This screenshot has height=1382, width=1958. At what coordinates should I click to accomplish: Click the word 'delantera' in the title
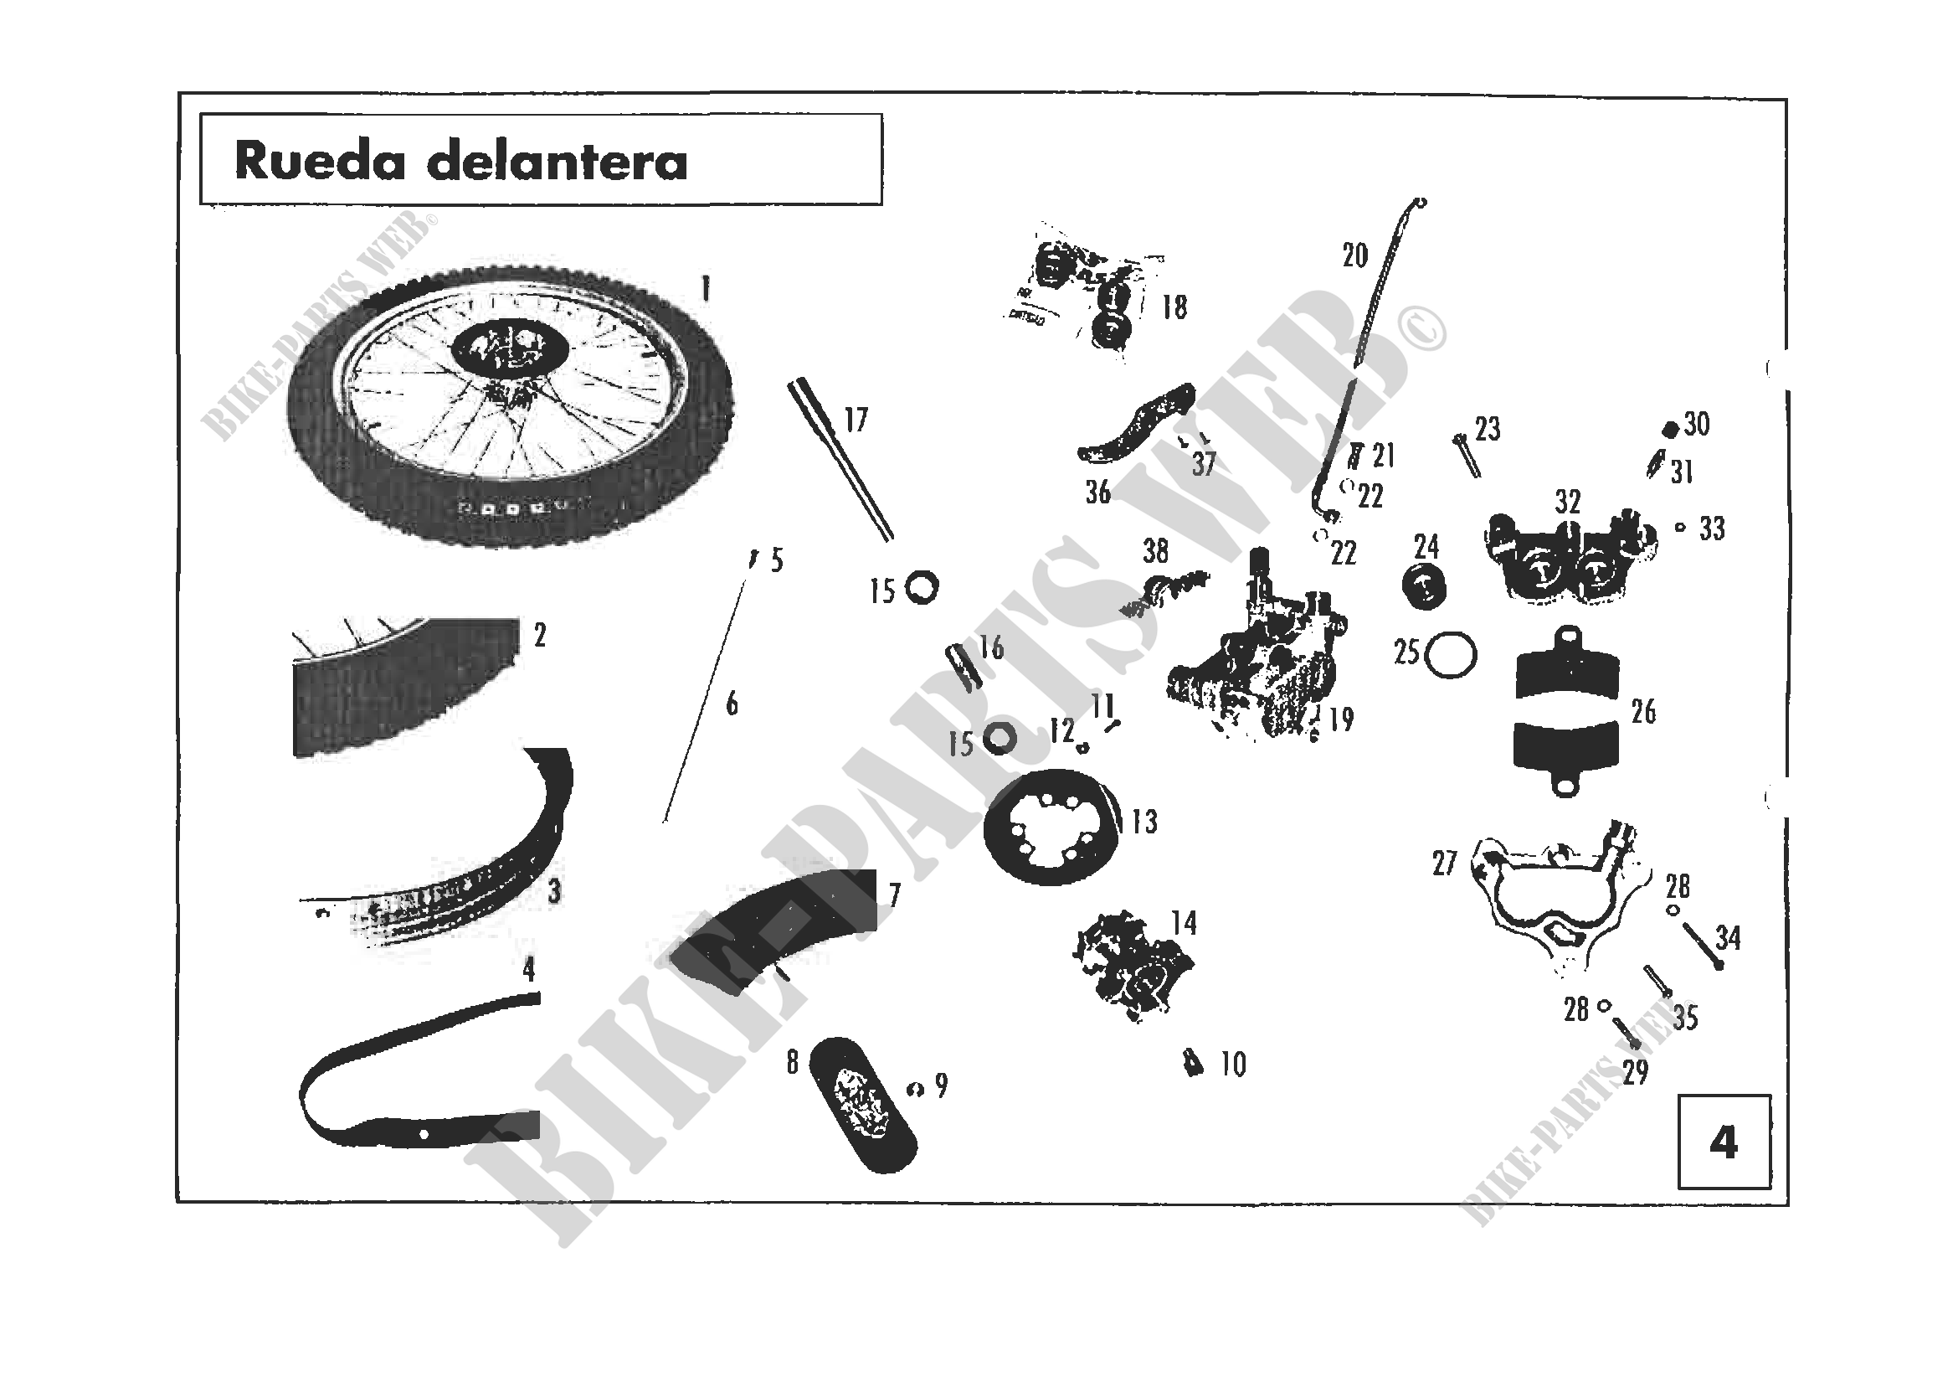557,162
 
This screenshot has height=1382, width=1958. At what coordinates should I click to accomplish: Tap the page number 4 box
1724,1142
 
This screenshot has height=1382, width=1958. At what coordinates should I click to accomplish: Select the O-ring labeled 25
1452,654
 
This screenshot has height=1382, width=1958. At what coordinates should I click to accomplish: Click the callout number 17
856,420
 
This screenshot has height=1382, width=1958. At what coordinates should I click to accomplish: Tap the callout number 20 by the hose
1354,255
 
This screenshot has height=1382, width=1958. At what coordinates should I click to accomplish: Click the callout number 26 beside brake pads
1643,711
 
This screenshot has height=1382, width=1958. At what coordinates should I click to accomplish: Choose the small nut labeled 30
1671,430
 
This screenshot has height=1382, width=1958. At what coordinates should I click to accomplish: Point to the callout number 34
1728,937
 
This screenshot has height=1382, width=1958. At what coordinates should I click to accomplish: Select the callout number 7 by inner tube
894,895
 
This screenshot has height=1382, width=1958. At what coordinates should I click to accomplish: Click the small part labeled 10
1193,1064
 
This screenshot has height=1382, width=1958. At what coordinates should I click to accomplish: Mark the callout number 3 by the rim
554,891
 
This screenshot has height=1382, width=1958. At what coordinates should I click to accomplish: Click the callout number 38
1155,551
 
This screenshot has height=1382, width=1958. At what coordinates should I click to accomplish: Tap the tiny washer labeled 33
1680,527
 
